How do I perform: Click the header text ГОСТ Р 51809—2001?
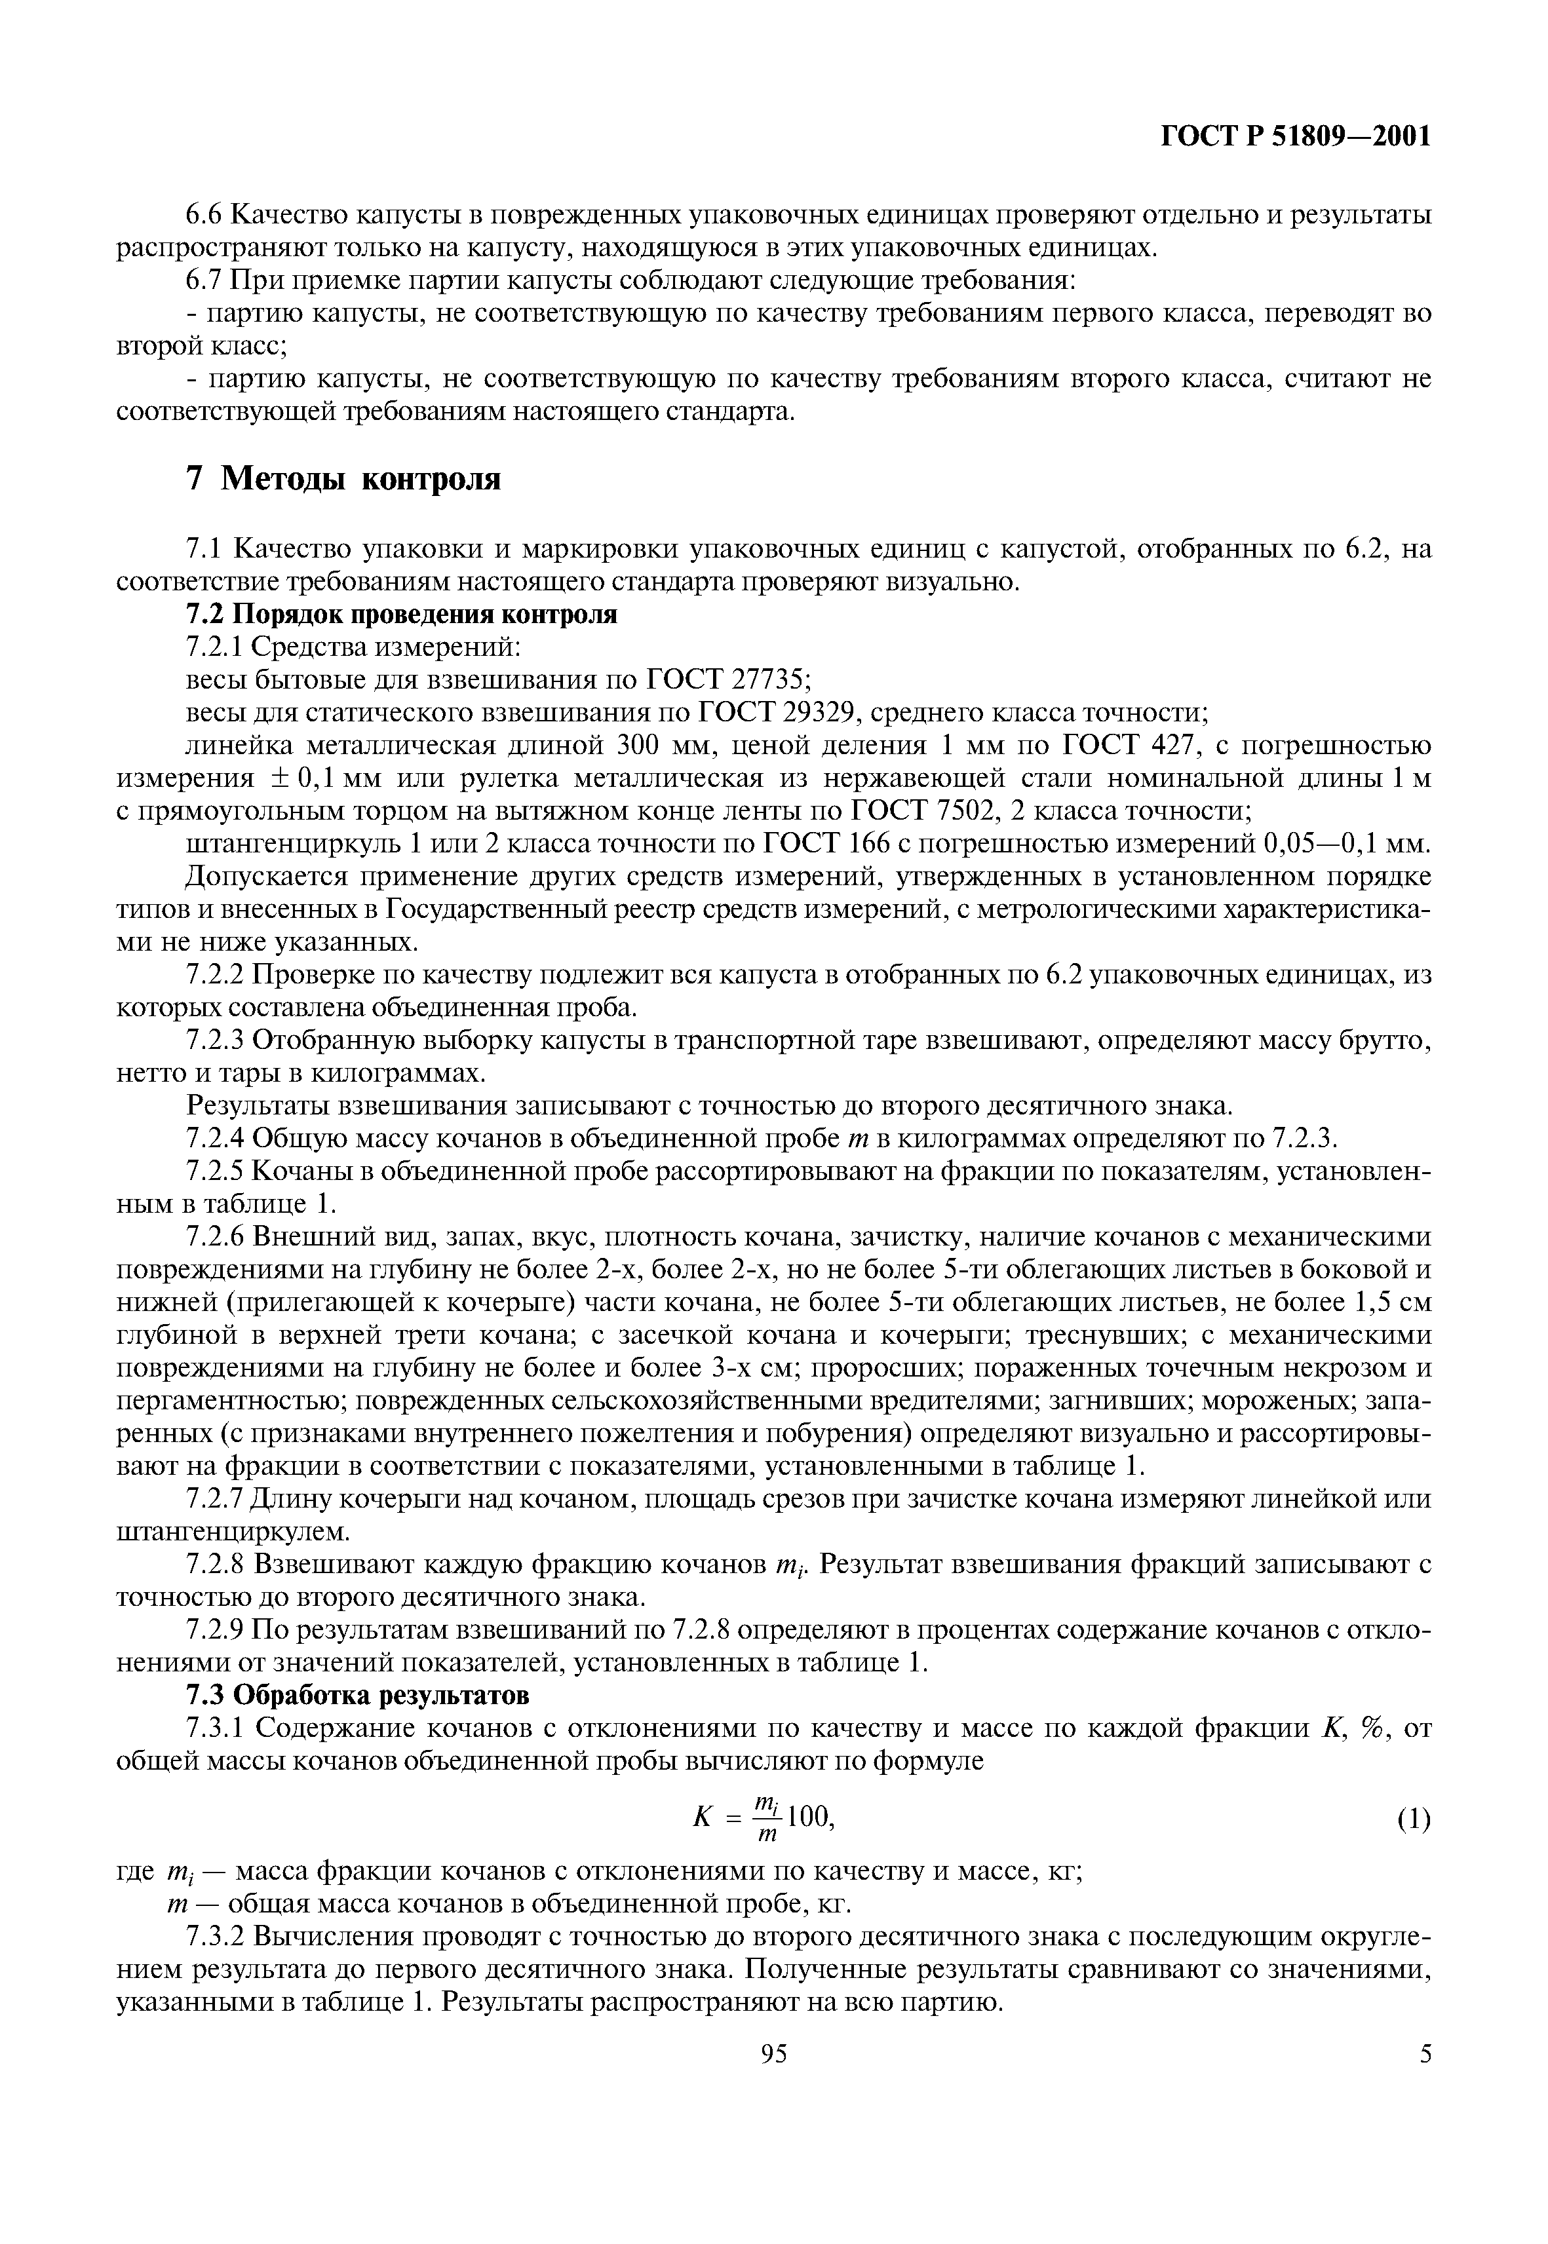point(1296,137)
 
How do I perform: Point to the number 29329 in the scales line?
point(813,713)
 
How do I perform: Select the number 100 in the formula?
point(808,1816)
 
